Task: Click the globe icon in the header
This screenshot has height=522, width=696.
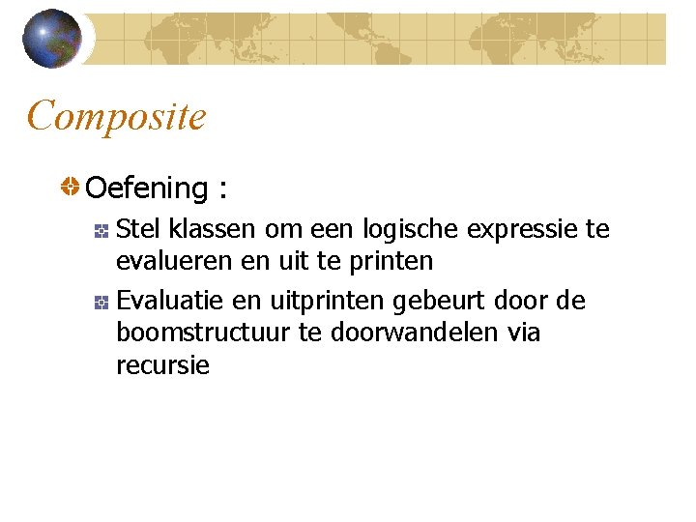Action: pos(51,39)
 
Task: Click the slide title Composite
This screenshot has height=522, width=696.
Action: pos(116,117)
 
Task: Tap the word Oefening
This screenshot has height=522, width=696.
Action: pos(147,188)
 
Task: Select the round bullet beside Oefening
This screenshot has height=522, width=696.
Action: pos(71,187)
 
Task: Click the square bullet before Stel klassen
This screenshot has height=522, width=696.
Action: pos(100,230)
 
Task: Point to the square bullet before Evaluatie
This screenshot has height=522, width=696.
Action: pos(100,303)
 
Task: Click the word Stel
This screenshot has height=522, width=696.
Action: pos(138,229)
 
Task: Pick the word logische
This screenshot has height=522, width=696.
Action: pos(412,229)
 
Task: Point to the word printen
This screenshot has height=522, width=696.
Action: pos(390,261)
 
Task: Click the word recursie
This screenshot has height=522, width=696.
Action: pos(162,365)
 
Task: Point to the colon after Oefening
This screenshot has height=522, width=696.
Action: pos(223,189)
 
